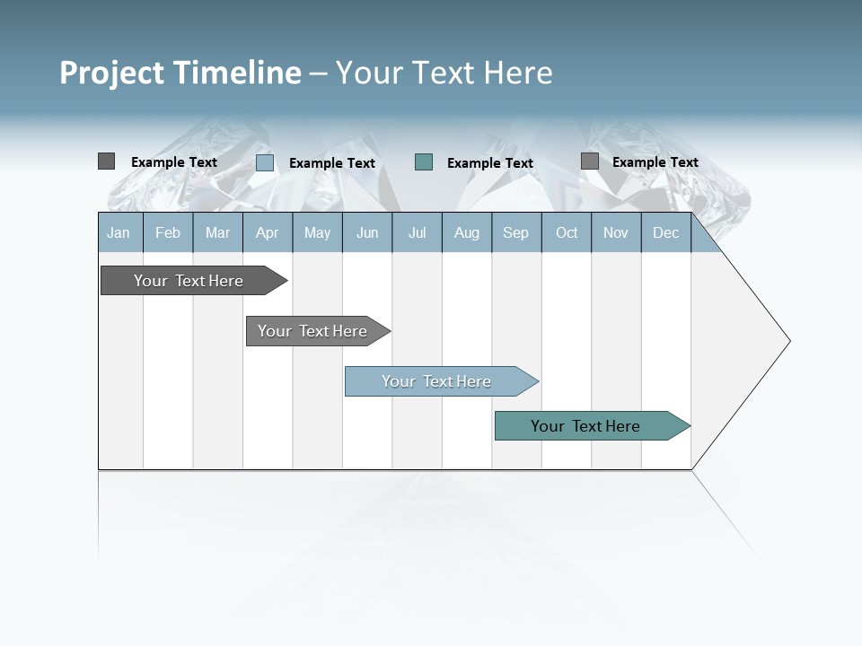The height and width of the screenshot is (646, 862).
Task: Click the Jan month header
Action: pyautogui.click(x=119, y=232)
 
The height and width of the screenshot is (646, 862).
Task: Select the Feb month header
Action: pyautogui.click(x=168, y=232)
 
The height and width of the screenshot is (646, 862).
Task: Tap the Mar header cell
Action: pyautogui.click(x=217, y=232)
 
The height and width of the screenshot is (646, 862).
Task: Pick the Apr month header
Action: pyautogui.click(x=268, y=232)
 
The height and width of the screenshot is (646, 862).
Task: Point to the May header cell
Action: pyautogui.click(x=317, y=232)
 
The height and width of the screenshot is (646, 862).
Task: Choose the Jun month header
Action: pyautogui.click(x=367, y=232)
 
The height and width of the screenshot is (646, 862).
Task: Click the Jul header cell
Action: pyautogui.click(x=417, y=232)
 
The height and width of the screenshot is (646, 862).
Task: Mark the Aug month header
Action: pyautogui.click(x=467, y=232)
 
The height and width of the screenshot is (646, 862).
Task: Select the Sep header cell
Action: pyautogui.click(x=516, y=232)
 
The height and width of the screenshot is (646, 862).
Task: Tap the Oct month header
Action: pyautogui.click(x=567, y=232)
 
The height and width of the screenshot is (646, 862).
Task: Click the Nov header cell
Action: pyautogui.click(x=616, y=232)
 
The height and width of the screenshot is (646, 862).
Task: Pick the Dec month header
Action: pyautogui.click(x=666, y=232)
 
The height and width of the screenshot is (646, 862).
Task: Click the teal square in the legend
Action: pyautogui.click(x=424, y=162)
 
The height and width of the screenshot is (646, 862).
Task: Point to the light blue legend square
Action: pyautogui.click(x=265, y=162)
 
